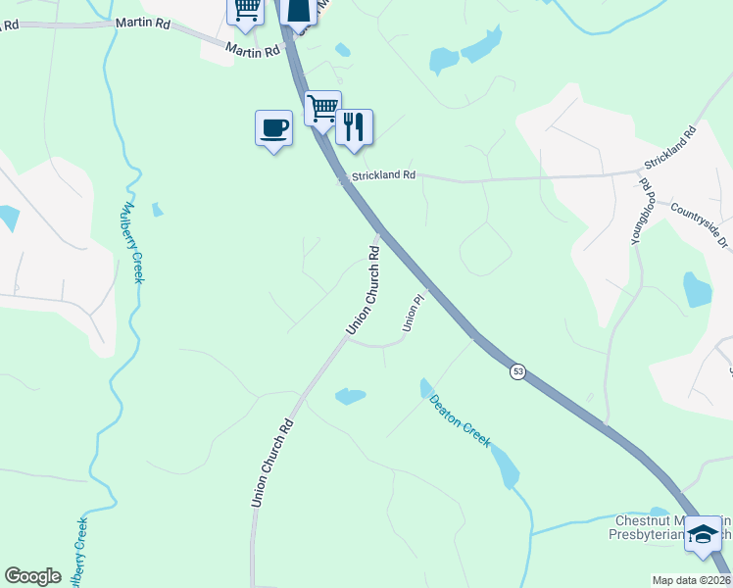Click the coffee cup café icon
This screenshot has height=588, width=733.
pos(273,127)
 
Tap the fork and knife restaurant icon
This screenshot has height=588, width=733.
pos(354,126)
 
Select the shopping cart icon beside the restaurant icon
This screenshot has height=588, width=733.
pos(322,108)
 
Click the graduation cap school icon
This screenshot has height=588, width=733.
pos(702,534)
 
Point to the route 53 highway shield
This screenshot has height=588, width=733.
pos(516,371)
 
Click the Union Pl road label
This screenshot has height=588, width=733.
pos(415,312)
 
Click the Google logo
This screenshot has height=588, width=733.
pos(32,576)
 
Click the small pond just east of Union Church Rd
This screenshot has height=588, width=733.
pos(350,396)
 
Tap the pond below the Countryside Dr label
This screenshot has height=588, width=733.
pos(697,289)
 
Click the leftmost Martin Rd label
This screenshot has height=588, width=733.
pos(143,22)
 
